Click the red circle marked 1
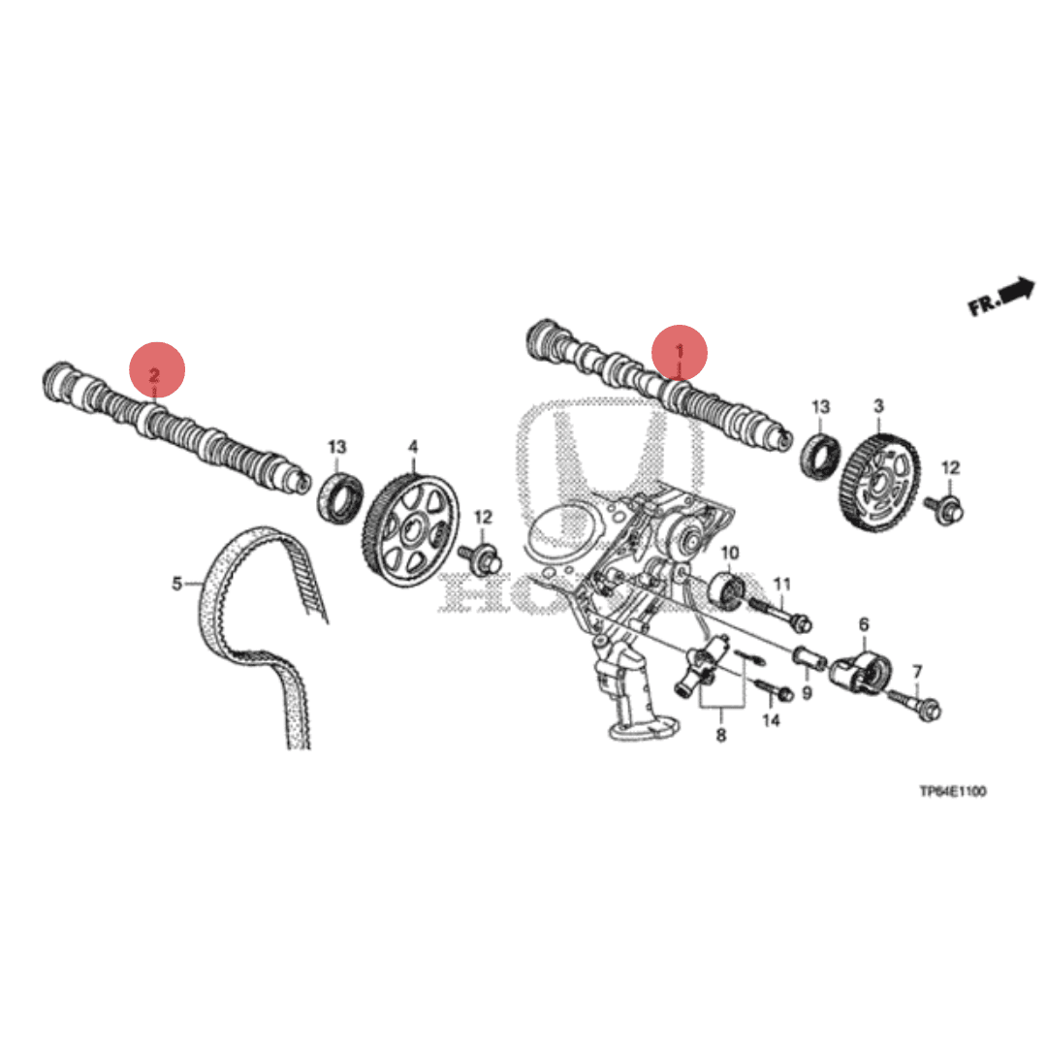679,353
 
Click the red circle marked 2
157,369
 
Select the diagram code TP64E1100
952,792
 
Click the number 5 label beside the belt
177,583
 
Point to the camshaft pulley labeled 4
411,529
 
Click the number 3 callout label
878,405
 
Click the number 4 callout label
413,447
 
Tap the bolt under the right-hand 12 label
941,505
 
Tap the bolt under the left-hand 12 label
483,556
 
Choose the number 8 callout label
721,736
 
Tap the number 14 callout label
772,720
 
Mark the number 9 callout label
806,693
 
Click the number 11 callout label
782,584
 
